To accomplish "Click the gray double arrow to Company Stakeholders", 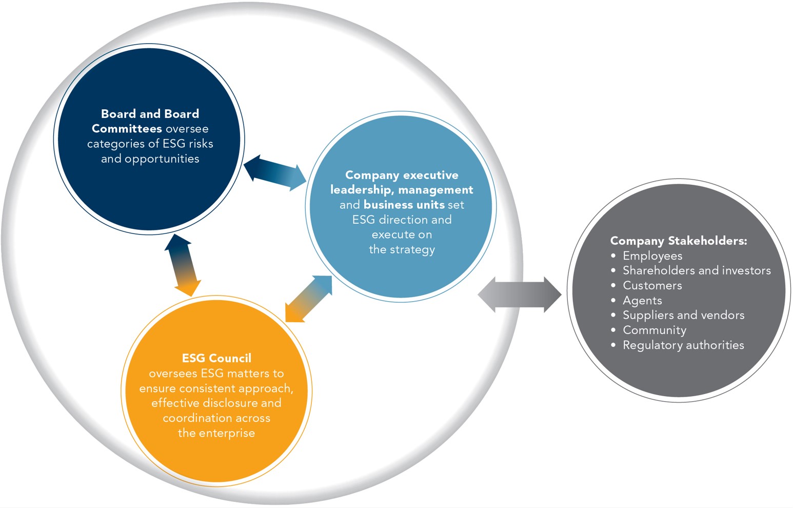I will point(520,295).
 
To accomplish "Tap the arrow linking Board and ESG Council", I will point(183,265).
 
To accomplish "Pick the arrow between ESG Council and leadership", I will point(308,299).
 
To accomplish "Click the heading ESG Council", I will point(216,358).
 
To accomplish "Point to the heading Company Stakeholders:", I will point(678,241).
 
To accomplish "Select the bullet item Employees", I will point(652,256).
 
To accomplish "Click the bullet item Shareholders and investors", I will point(697,270).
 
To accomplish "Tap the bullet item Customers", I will point(652,285).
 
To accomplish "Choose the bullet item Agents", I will point(642,300).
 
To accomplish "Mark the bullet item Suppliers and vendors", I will point(683,315).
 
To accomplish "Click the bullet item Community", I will point(654,330).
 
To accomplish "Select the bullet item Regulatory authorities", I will point(683,345).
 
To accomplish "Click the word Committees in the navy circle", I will point(127,129).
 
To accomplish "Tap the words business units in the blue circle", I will point(404,205).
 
